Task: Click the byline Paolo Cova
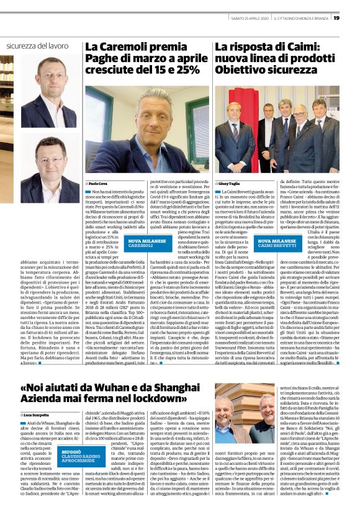(98, 184)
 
